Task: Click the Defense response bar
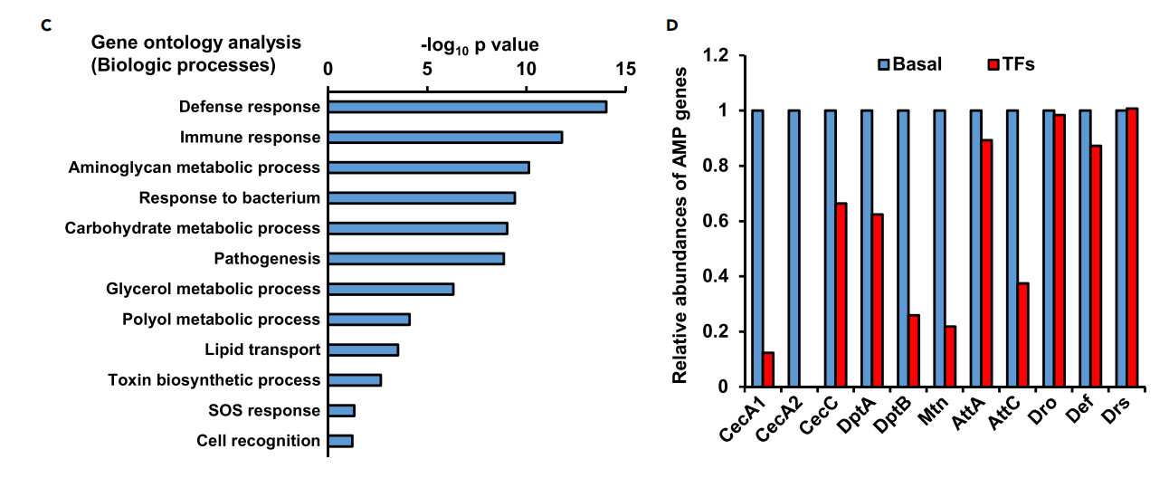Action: click(x=467, y=107)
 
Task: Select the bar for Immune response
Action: click(x=445, y=138)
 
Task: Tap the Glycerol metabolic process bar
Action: click(x=391, y=289)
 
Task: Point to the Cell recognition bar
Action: click(x=340, y=441)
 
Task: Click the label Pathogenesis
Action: click(x=267, y=259)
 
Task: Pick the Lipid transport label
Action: click(x=262, y=349)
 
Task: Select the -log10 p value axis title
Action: click(x=480, y=44)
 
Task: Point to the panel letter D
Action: click(x=671, y=24)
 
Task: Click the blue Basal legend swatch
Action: click(x=884, y=64)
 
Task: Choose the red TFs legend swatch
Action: click(x=993, y=64)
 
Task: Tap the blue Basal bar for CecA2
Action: click(x=794, y=249)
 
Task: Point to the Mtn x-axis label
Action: click(x=927, y=416)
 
